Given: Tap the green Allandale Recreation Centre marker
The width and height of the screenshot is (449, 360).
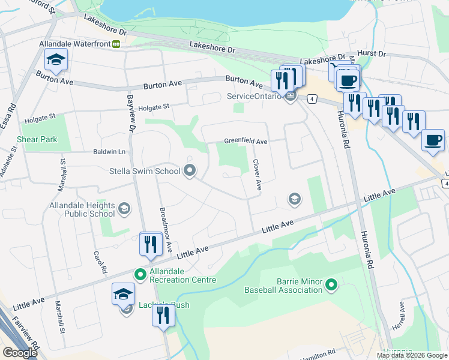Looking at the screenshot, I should [140, 275].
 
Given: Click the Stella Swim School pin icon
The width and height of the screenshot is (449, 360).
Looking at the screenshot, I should [190, 171].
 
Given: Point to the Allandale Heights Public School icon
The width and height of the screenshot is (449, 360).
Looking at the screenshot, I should [124, 209].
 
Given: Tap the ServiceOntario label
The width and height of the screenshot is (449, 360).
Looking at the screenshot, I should [253, 96].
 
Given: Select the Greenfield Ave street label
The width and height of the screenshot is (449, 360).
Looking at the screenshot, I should [246, 141].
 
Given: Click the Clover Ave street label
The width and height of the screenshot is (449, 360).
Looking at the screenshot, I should [258, 175].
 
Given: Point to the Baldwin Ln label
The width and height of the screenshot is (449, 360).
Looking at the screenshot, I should [108, 152].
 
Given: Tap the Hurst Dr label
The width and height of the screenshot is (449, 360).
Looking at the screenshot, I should [372, 53].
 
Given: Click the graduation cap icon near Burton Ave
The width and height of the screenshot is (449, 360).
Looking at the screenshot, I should [56, 60].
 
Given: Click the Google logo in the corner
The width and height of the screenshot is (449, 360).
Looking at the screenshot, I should [20, 353].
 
